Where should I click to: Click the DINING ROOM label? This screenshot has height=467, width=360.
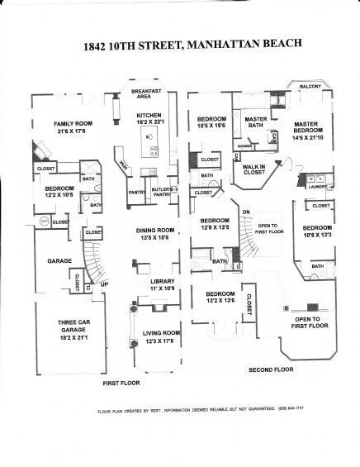pos(155,234)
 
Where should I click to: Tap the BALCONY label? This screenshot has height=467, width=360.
pos(310,87)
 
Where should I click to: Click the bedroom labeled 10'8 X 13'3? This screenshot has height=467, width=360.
pos(316,231)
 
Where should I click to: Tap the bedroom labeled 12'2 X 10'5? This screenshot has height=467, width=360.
pos(59,193)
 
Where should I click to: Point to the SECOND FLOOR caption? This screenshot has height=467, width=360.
pos(270,369)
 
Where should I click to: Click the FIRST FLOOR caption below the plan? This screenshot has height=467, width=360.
pos(121,384)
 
